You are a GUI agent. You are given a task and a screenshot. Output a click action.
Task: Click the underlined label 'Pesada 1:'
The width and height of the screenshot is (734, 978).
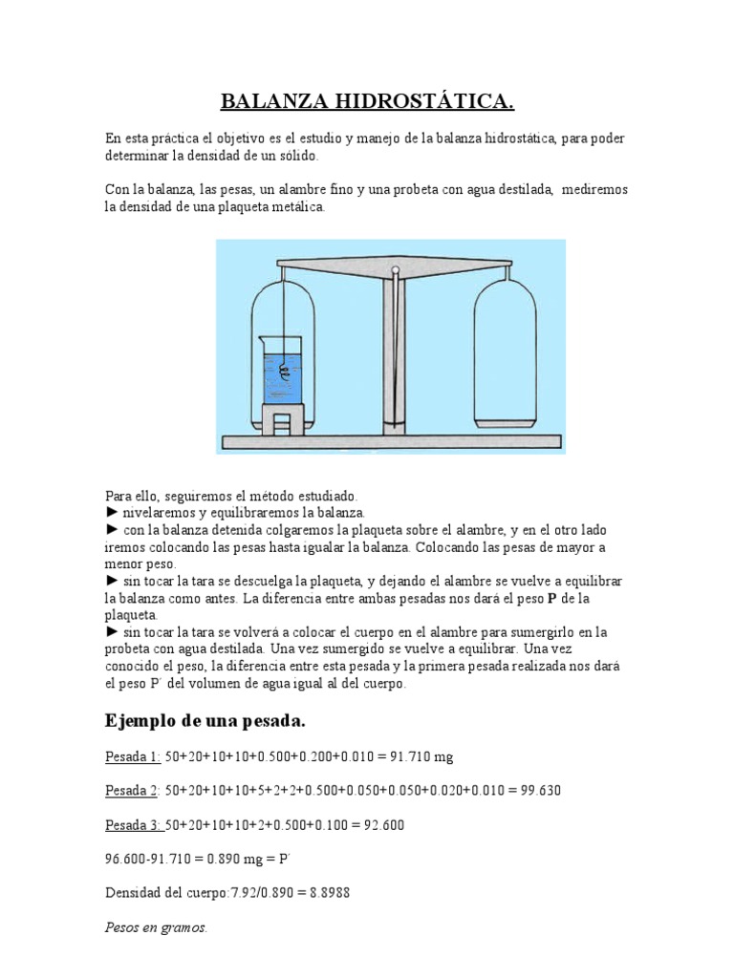133,757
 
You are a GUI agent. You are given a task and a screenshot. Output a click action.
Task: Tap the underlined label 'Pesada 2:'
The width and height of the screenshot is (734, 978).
133,791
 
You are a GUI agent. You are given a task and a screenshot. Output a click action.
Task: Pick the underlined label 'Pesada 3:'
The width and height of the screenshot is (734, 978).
133,825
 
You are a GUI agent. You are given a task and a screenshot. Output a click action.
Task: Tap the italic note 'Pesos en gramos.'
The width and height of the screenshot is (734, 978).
156,927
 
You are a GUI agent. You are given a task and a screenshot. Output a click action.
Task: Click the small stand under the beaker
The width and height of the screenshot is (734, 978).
282,418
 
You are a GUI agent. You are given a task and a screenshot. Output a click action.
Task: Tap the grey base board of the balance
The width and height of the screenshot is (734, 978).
390,441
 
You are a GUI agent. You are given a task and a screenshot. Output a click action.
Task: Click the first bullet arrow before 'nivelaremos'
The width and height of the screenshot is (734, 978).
112,513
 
